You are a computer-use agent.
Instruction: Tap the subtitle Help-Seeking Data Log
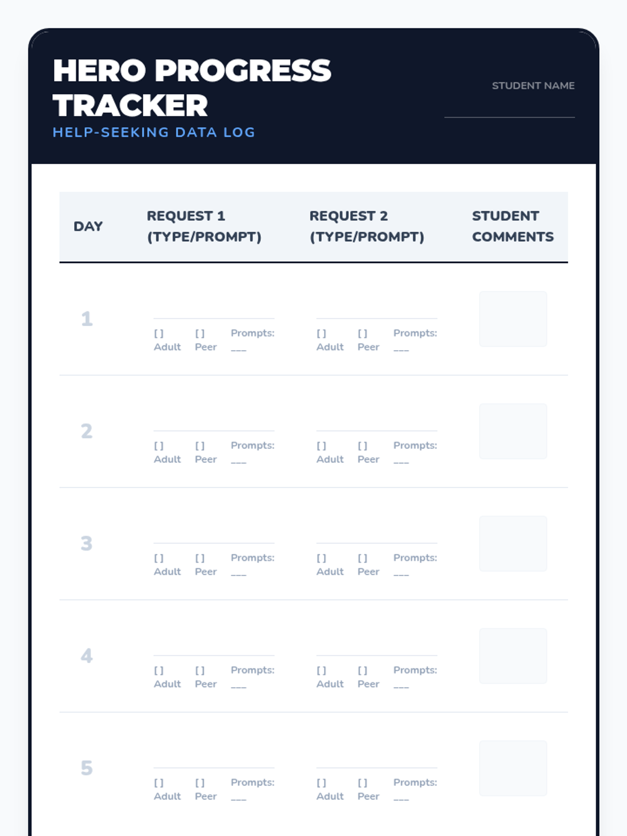(x=154, y=132)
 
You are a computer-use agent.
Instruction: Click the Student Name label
(x=533, y=86)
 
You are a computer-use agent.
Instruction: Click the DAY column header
(x=88, y=226)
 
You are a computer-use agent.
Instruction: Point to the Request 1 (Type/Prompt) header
(x=204, y=226)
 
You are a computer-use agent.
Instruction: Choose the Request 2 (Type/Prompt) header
(x=366, y=226)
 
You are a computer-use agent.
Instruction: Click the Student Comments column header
(x=513, y=226)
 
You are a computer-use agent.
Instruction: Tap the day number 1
(x=87, y=319)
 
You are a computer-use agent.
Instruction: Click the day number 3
(x=87, y=543)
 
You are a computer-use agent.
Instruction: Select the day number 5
(x=87, y=768)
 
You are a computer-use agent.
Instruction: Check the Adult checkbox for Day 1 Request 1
(x=159, y=333)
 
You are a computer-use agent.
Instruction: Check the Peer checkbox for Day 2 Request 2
(x=363, y=446)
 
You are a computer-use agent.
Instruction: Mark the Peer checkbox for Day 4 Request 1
(x=200, y=670)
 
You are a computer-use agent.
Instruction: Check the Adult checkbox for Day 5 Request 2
(x=321, y=783)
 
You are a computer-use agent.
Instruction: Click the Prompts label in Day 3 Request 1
(x=252, y=558)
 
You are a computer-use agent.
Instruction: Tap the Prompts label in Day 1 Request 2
(x=415, y=333)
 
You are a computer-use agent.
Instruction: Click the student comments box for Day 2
(x=513, y=431)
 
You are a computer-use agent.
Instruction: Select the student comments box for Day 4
(x=513, y=656)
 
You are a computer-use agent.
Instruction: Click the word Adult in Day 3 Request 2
(x=330, y=572)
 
